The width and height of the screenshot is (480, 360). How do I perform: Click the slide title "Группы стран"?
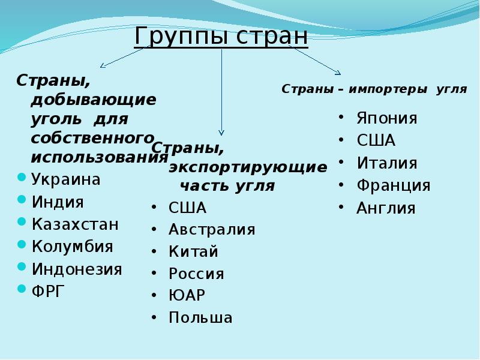221,36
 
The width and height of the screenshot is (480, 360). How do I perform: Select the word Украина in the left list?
67,179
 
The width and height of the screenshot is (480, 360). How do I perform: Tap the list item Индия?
58,202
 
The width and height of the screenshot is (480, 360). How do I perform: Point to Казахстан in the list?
75,224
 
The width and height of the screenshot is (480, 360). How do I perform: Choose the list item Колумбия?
72,247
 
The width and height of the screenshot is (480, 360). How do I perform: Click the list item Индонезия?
77,269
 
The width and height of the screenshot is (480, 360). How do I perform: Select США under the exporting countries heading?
187,208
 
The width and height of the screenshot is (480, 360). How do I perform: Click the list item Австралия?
212,230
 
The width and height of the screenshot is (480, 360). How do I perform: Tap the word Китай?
193,252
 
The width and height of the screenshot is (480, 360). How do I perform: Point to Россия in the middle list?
196,274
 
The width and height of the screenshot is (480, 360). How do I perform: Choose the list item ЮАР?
187,296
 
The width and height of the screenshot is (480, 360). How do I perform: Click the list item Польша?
200,317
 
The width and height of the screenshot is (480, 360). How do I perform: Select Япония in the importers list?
386,118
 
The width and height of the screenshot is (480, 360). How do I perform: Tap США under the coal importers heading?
376,141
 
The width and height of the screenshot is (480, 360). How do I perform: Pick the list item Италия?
386,163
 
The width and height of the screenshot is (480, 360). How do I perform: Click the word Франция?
393,185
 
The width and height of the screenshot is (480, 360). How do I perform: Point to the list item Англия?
386,208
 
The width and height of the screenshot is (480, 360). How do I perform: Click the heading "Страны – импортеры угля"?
374,89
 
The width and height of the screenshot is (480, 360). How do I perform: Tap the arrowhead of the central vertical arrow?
221,131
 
